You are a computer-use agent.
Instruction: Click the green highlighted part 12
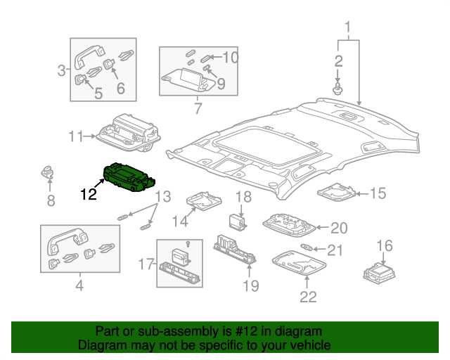[x=129, y=176]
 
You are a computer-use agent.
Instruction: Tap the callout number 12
[x=89, y=193]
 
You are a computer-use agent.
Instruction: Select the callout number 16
[x=385, y=245]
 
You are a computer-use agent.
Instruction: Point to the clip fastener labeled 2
[x=338, y=89]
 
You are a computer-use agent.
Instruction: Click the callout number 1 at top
[x=347, y=29]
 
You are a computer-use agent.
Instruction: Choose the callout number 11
[x=77, y=136]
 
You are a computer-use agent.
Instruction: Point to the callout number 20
[x=340, y=228]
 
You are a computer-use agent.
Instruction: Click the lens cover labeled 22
[x=297, y=264]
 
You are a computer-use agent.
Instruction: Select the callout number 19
[x=250, y=285]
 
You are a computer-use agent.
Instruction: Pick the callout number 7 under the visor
[x=198, y=108]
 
